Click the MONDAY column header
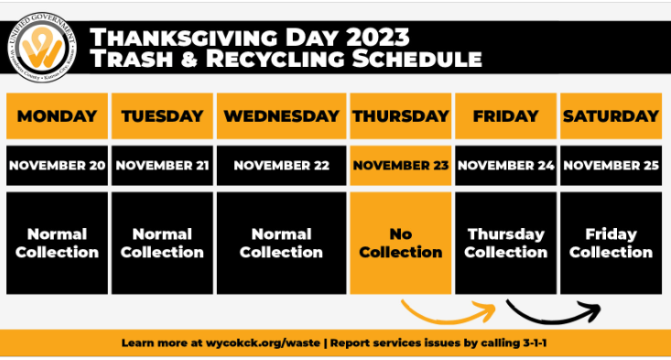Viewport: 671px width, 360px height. (57, 116)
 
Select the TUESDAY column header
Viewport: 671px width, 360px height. (162, 116)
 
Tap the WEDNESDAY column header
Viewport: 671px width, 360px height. (281, 116)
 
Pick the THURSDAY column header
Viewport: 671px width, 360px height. (401, 116)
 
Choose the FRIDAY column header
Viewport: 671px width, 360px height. (505, 116)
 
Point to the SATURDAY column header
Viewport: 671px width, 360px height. (611, 116)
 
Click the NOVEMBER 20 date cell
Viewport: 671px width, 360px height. (57, 166)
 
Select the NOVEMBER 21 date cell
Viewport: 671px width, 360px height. (162, 166)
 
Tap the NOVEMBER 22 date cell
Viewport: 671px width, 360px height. (281, 166)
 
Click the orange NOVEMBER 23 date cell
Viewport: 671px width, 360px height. (401, 166)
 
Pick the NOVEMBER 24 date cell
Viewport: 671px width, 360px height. (505, 166)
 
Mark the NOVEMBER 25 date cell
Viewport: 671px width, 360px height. (611, 166)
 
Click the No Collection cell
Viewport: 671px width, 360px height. (401, 243)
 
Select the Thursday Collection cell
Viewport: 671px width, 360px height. (505, 243)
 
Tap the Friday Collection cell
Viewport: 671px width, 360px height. (611, 243)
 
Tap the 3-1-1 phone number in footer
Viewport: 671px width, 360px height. (536, 344)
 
